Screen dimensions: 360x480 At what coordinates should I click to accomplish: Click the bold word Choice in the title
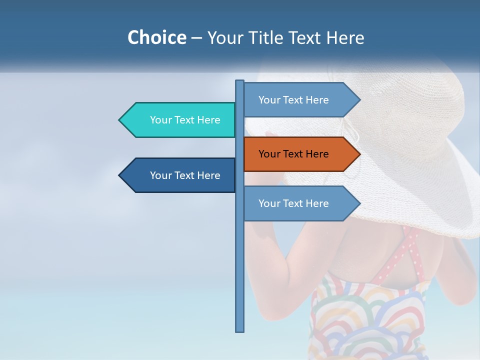click(156, 37)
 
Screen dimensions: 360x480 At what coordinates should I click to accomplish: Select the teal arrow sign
click(180, 120)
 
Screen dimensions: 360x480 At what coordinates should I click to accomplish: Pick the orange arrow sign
click(300, 154)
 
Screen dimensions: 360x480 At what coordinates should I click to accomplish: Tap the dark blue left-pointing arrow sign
click(180, 175)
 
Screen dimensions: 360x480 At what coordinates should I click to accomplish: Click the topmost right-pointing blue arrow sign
click(300, 100)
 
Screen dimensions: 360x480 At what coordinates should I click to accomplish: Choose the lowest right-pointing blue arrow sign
click(300, 203)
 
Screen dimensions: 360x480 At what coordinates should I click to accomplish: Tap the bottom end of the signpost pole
click(240, 330)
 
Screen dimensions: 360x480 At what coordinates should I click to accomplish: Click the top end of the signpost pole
click(240, 81)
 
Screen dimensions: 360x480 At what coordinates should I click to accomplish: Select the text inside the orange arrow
click(293, 154)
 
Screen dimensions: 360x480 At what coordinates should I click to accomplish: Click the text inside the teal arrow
click(185, 120)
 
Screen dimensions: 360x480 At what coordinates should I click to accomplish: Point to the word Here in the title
click(345, 37)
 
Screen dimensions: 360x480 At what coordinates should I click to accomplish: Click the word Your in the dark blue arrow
click(160, 175)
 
